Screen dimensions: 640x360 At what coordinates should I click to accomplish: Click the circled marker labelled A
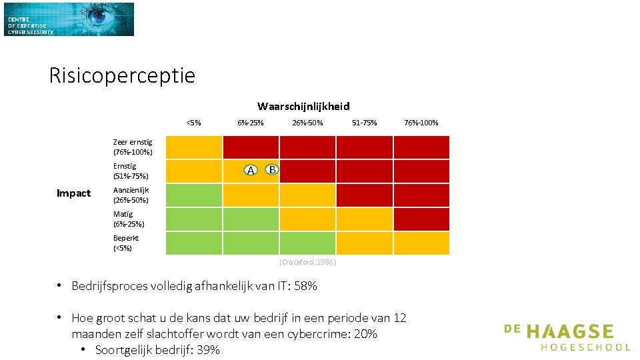[x=251, y=170]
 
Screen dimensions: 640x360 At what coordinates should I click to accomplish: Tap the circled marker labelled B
[x=272, y=169]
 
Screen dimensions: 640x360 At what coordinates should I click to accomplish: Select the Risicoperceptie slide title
[x=122, y=76]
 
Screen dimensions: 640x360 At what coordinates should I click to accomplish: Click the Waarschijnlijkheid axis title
[x=303, y=107]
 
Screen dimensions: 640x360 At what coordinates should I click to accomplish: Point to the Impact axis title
[x=73, y=193]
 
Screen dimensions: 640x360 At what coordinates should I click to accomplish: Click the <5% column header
[x=194, y=123]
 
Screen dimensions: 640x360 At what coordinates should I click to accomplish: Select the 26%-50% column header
[x=307, y=123]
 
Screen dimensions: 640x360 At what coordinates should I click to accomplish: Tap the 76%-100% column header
[x=421, y=123]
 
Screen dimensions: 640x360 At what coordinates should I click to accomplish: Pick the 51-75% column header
[x=365, y=123]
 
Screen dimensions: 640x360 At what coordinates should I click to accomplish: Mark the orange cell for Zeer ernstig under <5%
[x=194, y=147]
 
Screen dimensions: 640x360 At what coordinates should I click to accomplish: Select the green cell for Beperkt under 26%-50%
[x=308, y=243]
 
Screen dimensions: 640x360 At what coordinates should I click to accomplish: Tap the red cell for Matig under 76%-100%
[x=421, y=219]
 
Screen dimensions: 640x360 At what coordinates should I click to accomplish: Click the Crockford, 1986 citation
[x=308, y=262]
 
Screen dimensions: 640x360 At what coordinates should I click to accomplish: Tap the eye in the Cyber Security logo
[x=98, y=15]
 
